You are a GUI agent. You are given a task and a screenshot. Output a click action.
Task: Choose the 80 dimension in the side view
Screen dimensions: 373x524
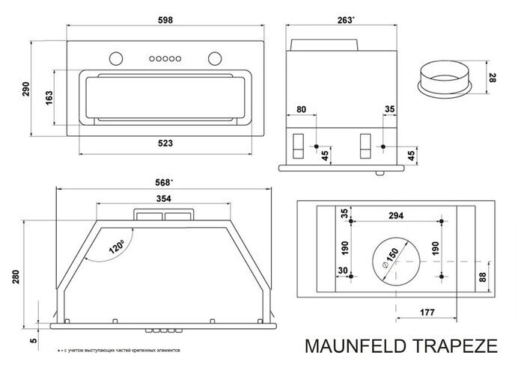click(301, 110)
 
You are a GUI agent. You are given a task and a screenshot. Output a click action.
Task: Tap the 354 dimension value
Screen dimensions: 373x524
click(163, 199)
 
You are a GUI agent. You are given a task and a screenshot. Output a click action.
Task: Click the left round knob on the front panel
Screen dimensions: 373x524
click(116, 57)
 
